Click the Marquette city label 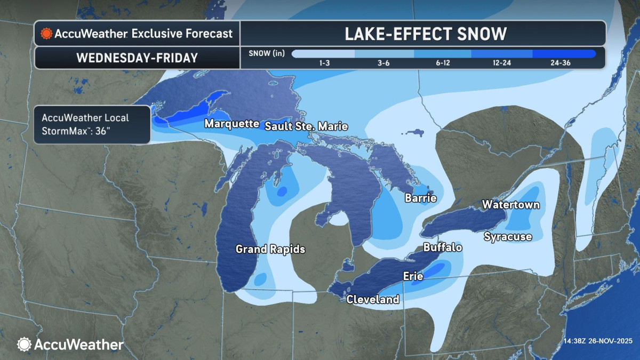(231, 124)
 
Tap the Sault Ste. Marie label (306, 126)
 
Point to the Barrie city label (420, 198)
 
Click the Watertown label (510, 205)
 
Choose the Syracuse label (507, 237)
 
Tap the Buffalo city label (442, 247)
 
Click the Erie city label (413, 276)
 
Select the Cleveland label (373, 299)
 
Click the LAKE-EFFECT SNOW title (425, 34)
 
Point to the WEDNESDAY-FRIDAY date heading (137, 58)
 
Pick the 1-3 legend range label (324, 63)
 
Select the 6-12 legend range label (442, 63)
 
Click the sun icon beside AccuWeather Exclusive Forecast (46, 34)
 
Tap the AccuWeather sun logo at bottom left (25, 345)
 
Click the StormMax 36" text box (92, 124)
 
